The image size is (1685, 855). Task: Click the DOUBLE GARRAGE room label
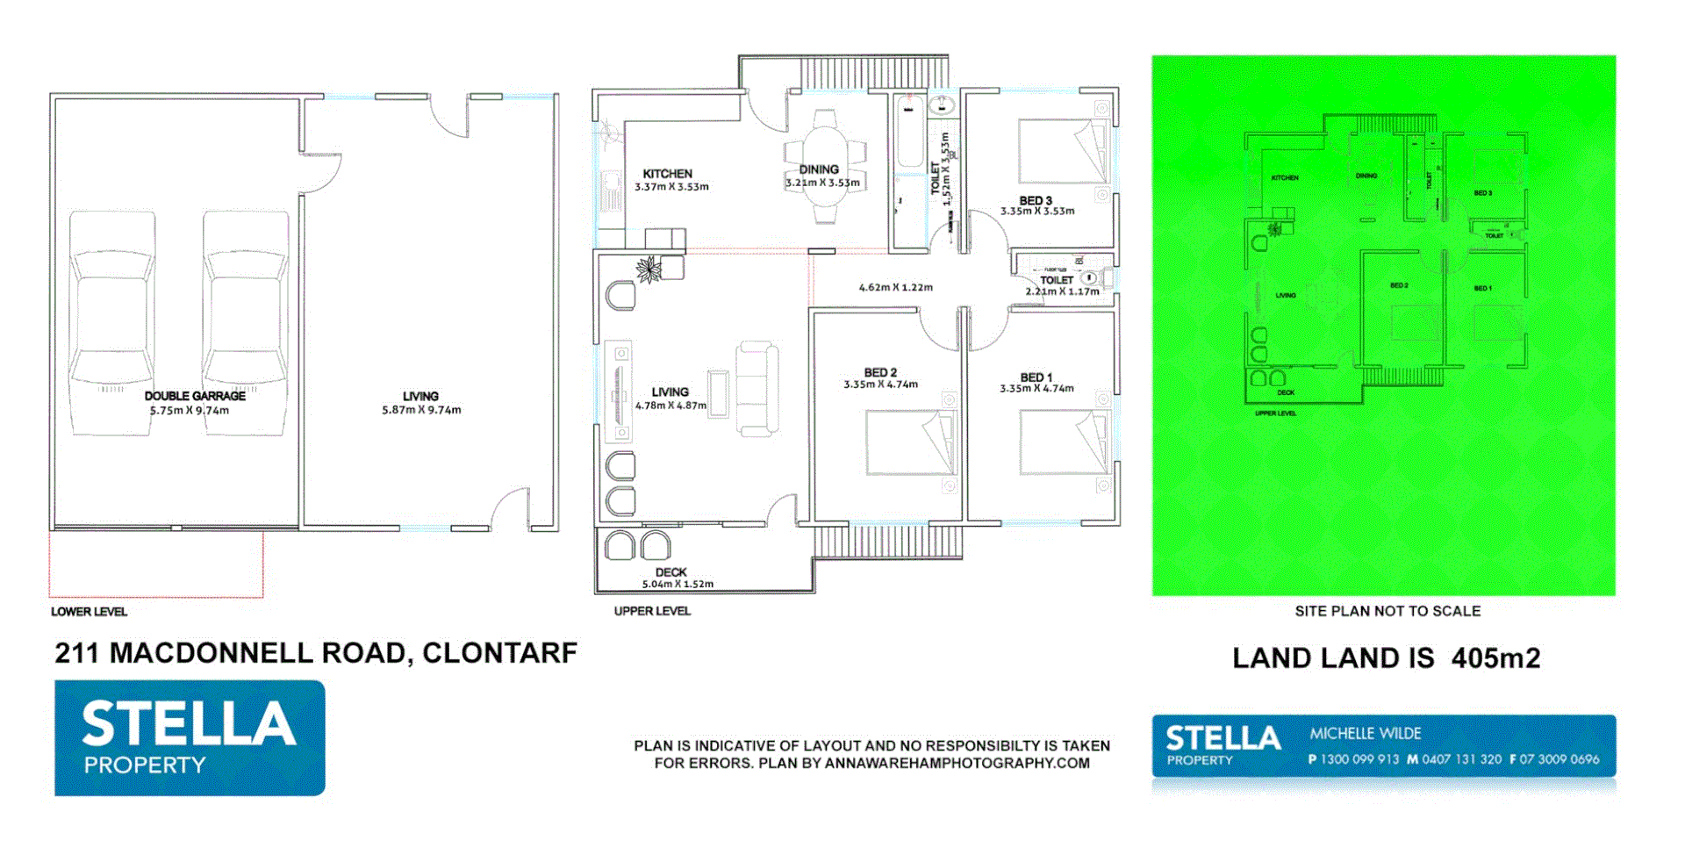point(195,396)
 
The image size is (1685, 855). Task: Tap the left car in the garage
point(112,320)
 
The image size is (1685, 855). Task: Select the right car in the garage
point(246,320)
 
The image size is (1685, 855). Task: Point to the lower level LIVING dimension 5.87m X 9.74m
point(421,410)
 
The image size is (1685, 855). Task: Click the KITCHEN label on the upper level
point(667,174)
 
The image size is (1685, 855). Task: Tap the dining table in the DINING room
point(825,167)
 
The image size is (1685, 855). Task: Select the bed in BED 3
point(1062,151)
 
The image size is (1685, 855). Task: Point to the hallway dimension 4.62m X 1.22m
point(895,287)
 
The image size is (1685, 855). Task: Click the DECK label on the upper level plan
point(670,572)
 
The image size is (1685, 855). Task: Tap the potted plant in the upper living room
point(649,269)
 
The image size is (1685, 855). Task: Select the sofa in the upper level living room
point(756,388)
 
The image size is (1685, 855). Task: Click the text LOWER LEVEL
point(89,612)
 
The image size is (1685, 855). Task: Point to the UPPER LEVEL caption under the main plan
point(652,611)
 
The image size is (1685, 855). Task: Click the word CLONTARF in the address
point(499,653)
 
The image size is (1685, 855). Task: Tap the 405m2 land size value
point(1495,658)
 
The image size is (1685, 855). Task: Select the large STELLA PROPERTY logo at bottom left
point(190,738)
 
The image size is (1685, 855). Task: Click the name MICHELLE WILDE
point(1365,733)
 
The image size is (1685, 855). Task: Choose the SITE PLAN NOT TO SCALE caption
point(1387,611)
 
